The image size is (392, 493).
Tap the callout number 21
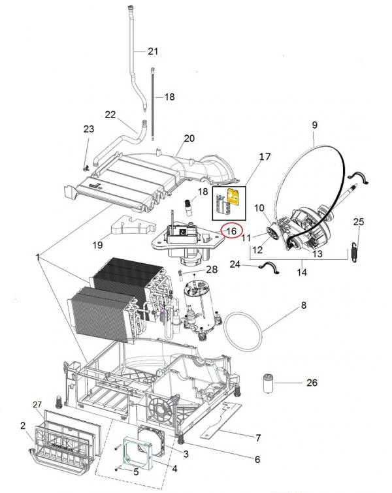pos(153,52)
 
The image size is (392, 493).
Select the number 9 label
pos(314,124)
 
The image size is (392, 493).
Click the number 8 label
pos(303,305)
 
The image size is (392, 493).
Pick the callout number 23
pos(89,130)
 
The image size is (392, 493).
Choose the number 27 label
pos(37,406)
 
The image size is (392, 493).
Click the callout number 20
pos(189,138)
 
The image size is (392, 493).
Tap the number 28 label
pos(211,269)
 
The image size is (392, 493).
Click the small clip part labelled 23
pos(88,160)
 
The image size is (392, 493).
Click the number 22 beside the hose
pos(110,114)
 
